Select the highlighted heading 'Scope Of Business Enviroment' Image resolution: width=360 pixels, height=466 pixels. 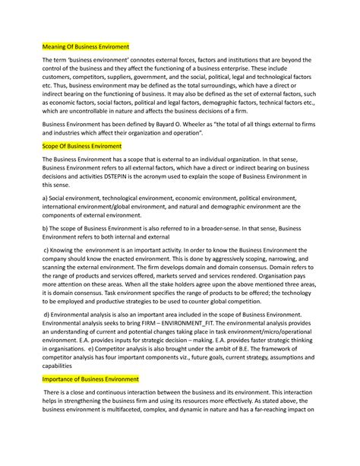pos(79,144)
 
